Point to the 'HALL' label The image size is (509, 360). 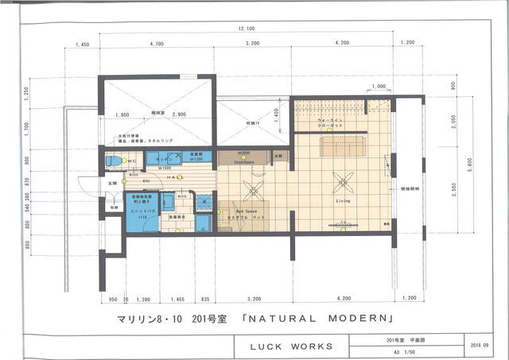174,177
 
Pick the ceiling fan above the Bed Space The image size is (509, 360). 254,191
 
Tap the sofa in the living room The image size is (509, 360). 341,145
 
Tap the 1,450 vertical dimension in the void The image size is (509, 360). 276,117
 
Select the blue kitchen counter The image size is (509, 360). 164,157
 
